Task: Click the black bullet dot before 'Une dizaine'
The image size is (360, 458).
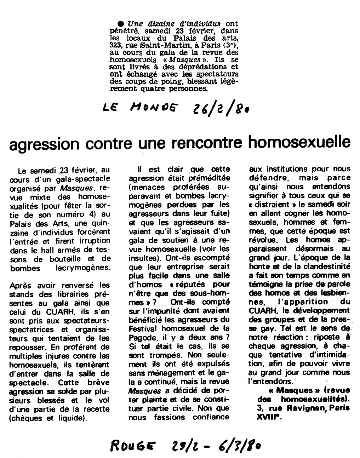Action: [120, 24]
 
